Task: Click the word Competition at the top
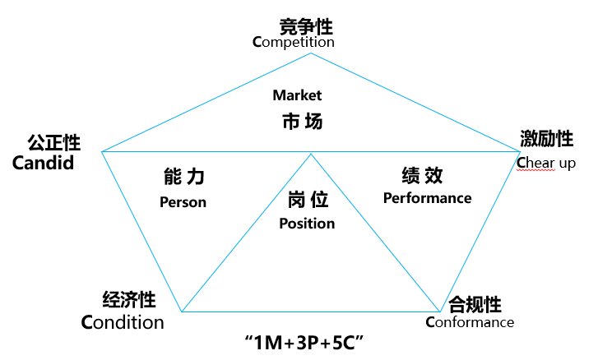293,41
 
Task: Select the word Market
297,95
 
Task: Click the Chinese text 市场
297,122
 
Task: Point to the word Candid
43,162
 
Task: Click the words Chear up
546,163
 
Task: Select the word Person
183,201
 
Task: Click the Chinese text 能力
183,176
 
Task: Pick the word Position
307,224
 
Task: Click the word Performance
427,198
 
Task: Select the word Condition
123,322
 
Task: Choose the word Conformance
470,322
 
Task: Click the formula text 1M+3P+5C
304,341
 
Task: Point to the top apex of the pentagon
311,53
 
